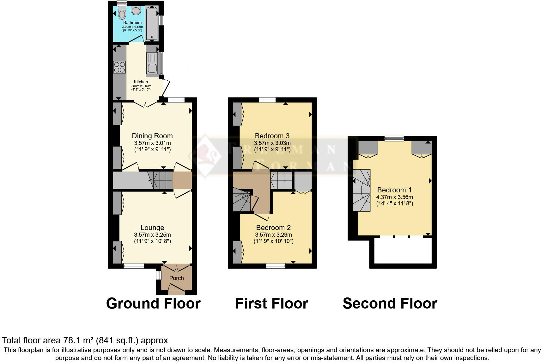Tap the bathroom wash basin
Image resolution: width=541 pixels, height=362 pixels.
click(x=136, y=11)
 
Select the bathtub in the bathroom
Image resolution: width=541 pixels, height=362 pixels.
click(x=152, y=23)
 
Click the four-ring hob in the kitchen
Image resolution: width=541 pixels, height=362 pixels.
click(x=120, y=67)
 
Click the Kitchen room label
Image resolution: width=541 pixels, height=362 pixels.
click(x=141, y=82)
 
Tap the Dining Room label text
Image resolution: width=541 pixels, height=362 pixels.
click(x=152, y=136)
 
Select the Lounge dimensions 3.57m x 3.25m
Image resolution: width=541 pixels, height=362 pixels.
click(x=152, y=235)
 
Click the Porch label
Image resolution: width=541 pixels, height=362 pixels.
click(x=176, y=278)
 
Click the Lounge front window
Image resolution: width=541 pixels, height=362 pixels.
click(x=133, y=266)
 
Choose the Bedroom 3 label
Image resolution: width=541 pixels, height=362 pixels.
click(x=272, y=136)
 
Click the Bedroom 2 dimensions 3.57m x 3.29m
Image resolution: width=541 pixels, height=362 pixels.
click(x=273, y=235)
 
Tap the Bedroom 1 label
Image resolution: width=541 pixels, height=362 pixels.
click(x=394, y=190)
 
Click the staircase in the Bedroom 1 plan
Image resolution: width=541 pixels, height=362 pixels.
click(x=362, y=190)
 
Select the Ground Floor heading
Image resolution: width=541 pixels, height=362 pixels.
click(x=153, y=303)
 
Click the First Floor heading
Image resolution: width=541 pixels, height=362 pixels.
click(x=271, y=303)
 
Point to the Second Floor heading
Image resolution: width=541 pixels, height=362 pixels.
click(x=390, y=303)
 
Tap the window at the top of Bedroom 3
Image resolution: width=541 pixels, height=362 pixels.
click(x=267, y=100)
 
